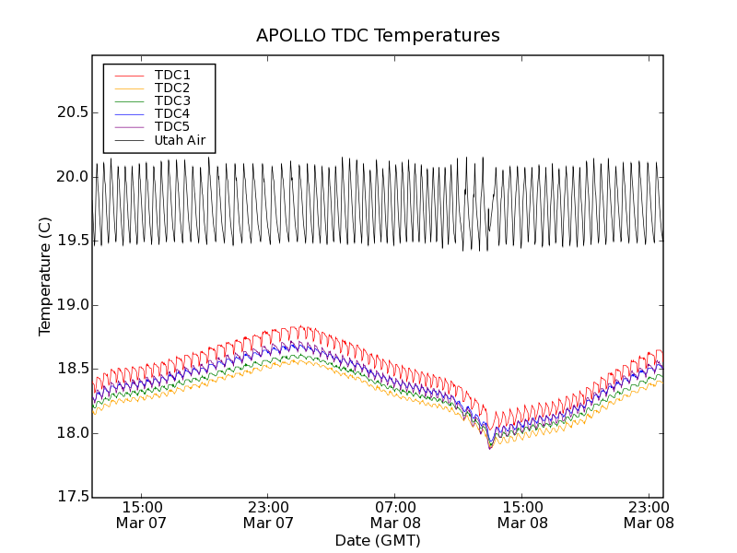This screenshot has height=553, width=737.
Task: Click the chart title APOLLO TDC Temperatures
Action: [x=378, y=36]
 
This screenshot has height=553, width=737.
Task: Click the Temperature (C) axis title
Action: [x=45, y=276]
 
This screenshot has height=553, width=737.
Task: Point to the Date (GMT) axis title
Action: [x=378, y=540]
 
